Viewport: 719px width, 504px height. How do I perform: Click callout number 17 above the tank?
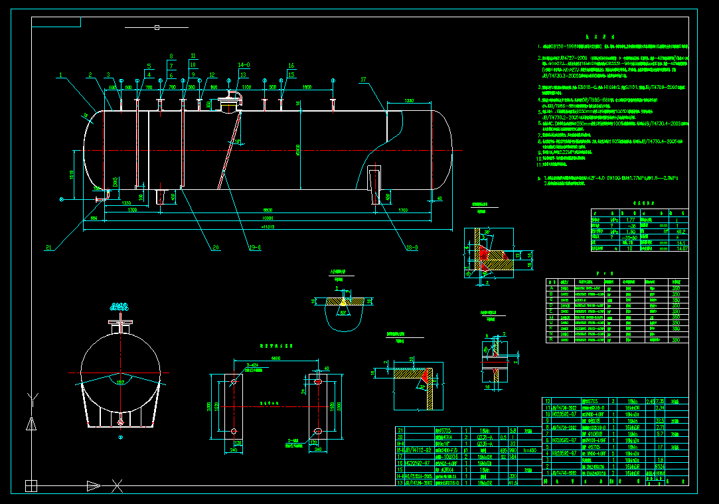click(363, 80)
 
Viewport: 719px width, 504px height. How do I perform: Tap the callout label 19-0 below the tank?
click(255, 247)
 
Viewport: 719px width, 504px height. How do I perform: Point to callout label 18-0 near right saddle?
click(412, 247)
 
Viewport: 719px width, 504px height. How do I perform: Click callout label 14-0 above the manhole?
click(244, 66)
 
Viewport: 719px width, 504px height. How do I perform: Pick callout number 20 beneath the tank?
click(215, 247)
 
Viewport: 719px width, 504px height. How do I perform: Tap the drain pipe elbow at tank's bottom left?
click(100, 197)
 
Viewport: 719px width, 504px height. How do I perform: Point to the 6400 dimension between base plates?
click(275, 359)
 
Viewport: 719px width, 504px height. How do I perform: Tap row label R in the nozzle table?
click(550, 340)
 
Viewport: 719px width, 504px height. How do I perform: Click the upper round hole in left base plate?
click(234, 382)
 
